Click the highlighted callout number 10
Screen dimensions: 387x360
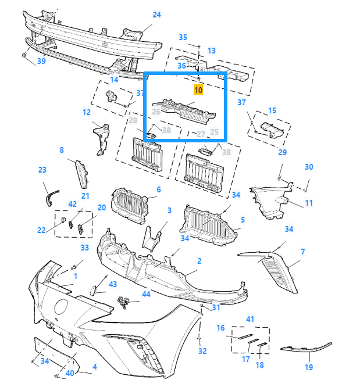tap(198, 90)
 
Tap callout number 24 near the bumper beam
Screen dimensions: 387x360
tap(156, 15)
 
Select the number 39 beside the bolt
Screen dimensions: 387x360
tap(41, 61)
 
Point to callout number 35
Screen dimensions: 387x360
tap(183, 38)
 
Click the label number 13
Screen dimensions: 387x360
tap(211, 51)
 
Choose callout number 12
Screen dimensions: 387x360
tap(87, 112)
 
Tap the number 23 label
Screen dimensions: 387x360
tap(42, 170)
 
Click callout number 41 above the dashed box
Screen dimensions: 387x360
tap(250, 319)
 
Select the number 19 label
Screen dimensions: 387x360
tap(309, 367)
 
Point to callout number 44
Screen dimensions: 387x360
tap(146, 294)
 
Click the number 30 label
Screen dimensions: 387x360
tap(309, 167)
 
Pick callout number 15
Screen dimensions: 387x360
tap(272, 110)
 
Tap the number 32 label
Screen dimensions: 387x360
tap(202, 351)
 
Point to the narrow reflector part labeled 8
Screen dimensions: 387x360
tap(79, 173)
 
